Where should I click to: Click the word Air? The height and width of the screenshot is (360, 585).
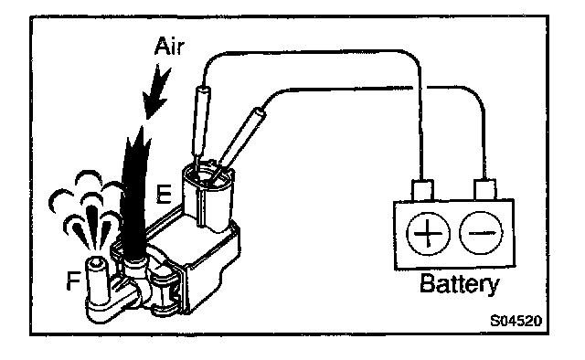point(170,47)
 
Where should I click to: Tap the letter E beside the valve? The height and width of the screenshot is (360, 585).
point(164,194)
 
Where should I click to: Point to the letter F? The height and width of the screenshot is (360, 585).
point(73,281)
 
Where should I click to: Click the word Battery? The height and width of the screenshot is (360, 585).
point(459,285)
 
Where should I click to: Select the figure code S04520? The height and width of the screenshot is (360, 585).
point(516,320)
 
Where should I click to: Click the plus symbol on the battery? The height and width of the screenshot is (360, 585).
point(428,234)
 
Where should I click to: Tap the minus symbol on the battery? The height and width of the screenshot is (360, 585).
point(482,233)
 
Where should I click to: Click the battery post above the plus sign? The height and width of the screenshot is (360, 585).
point(422,190)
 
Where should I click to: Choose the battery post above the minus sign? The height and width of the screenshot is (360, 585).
point(484,189)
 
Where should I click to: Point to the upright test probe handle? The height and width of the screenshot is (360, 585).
point(201,121)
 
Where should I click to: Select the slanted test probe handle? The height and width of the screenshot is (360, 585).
point(241,136)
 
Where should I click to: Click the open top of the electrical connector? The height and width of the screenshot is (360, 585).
point(207,175)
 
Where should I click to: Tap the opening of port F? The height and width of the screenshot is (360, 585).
point(95,263)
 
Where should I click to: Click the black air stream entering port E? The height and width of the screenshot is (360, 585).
point(133,194)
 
